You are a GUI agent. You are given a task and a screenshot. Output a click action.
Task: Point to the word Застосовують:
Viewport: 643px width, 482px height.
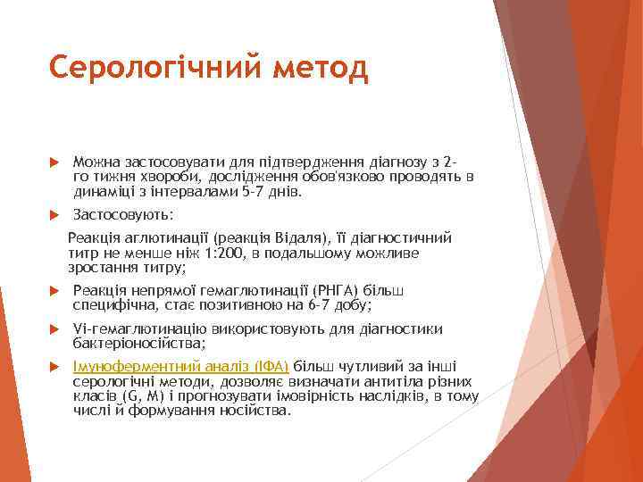click(124, 215)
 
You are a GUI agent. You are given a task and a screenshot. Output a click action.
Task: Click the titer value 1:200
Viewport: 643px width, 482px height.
click(222, 253)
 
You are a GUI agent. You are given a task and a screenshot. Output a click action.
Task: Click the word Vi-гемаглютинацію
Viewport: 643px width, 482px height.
click(135, 328)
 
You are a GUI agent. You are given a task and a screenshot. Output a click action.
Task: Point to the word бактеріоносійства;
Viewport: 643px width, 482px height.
click(139, 343)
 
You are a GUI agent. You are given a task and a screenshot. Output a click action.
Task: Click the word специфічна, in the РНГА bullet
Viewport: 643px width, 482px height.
click(113, 305)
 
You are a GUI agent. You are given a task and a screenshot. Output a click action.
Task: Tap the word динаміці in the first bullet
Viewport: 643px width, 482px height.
click(101, 191)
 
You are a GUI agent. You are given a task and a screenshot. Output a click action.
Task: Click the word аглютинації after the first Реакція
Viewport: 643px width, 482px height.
click(171, 238)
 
